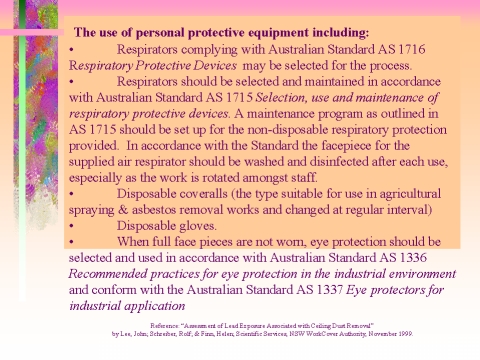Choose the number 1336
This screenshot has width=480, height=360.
click(439, 257)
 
